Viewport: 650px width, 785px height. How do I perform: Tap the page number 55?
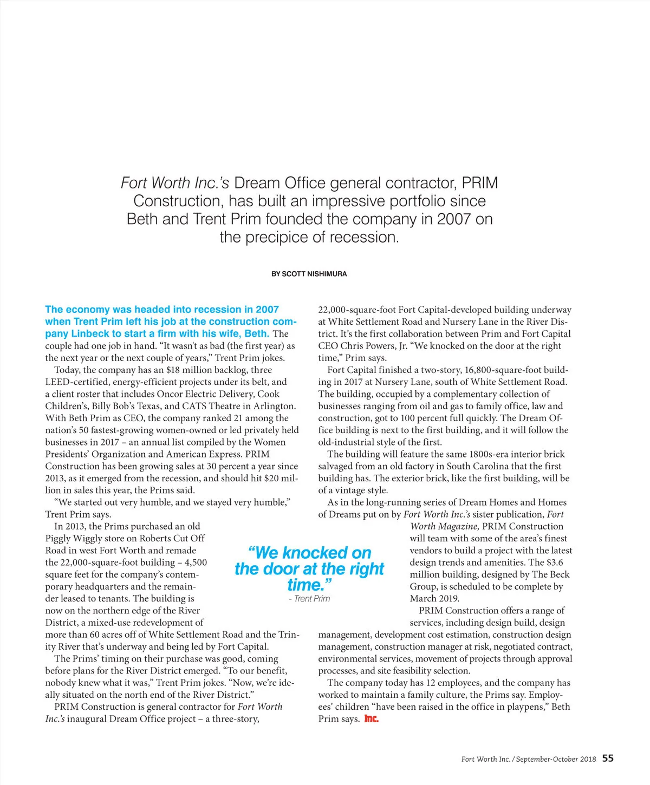coord(608,758)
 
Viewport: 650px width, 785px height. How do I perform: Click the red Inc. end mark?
coord(371,719)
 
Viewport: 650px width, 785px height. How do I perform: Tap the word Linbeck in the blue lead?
coord(90,333)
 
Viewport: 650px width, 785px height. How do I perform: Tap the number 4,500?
coord(196,562)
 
